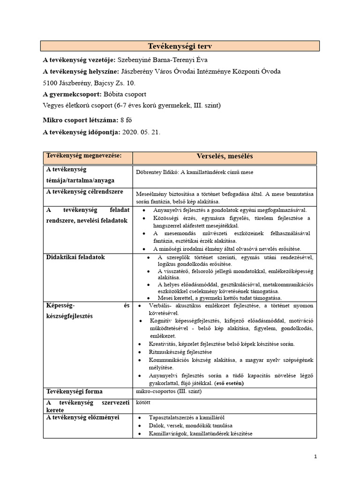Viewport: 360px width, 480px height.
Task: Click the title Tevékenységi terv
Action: click(x=180, y=46)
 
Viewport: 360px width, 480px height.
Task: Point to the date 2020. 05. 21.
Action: click(x=141, y=132)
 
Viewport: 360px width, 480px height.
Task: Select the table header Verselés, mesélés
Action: click(x=224, y=156)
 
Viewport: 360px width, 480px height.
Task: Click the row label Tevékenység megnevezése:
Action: click(x=83, y=155)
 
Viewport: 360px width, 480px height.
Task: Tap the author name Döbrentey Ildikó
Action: click(x=157, y=172)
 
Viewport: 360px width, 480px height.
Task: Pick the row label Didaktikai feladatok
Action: click(x=75, y=257)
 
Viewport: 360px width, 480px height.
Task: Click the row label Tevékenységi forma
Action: click(x=74, y=391)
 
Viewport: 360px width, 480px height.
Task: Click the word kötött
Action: click(x=142, y=402)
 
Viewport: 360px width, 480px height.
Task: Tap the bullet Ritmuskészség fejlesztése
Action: click(x=180, y=352)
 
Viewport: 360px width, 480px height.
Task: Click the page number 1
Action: click(x=315, y=456)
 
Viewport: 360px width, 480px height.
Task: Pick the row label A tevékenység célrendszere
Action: click(x=83, y=191)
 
